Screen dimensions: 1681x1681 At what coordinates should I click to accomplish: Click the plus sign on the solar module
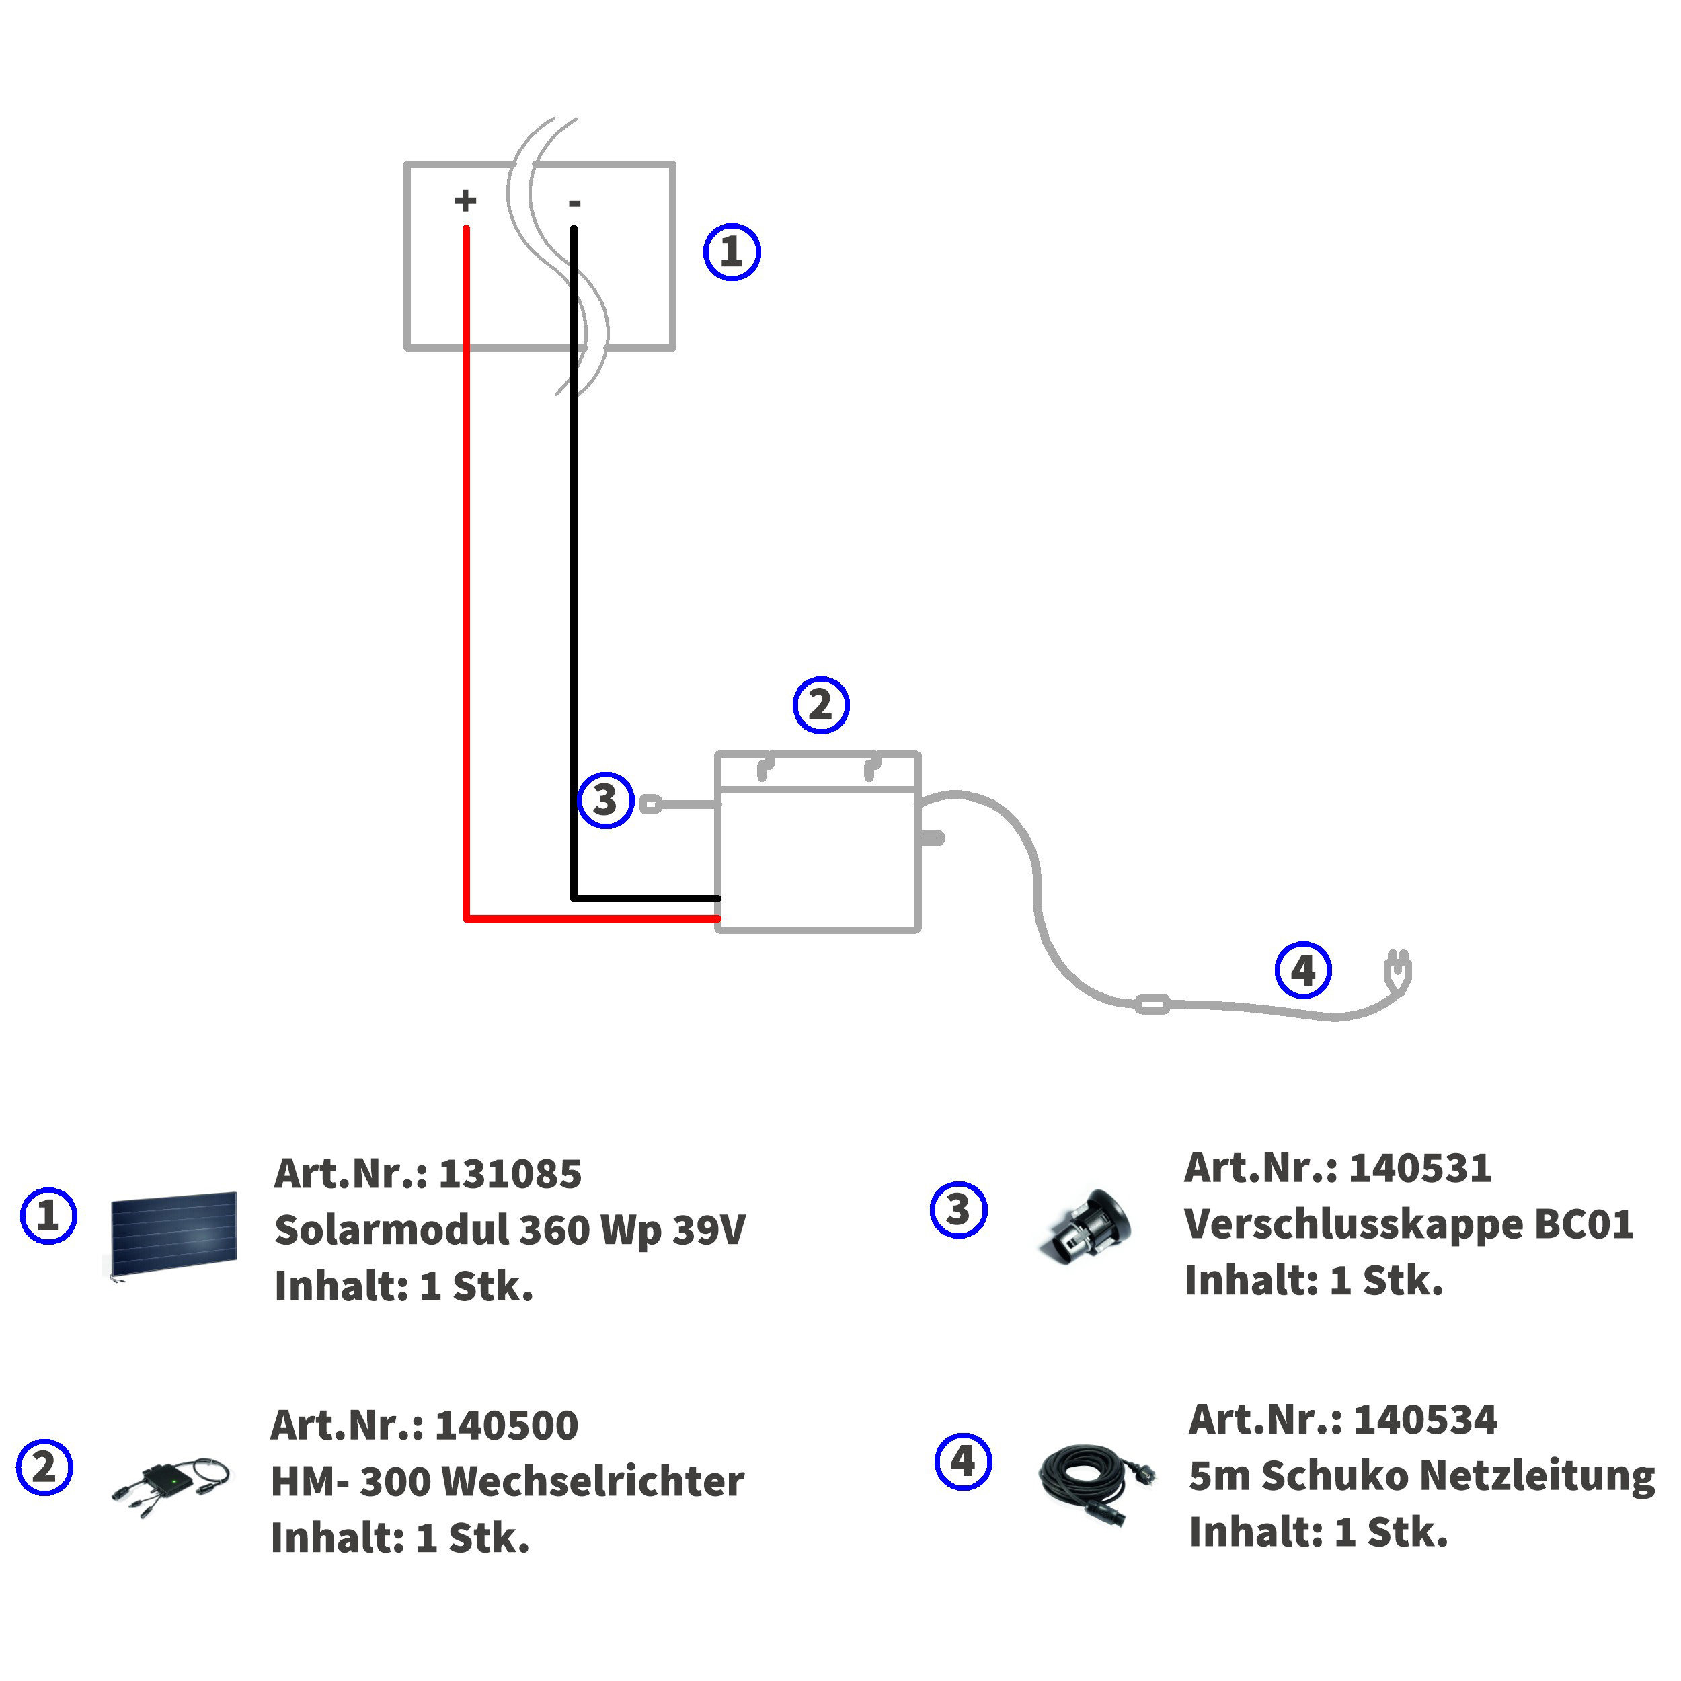[x=465, y=201]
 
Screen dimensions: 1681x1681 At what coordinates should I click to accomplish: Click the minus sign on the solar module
[x=574, y=204]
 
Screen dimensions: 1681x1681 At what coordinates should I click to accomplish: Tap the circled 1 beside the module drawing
[x=732, y=252]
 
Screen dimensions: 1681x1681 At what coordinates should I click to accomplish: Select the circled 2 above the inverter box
[x=820, y=705]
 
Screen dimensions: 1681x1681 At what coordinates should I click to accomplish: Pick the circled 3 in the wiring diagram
[x=606, y=800]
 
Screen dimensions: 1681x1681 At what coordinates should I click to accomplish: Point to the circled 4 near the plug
[x=1302, y=970]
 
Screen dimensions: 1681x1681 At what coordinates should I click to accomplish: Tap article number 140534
[x=1425, y=1420]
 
